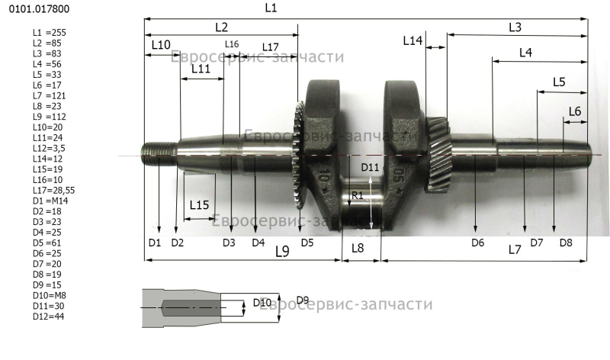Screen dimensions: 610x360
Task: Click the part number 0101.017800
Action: coord(40,9)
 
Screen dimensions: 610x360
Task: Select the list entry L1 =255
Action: coord(50,33)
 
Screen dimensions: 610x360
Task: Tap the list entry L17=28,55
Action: coord(53,191)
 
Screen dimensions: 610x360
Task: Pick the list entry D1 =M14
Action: coord(50,201)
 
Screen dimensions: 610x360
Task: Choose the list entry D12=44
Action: coord(49,317)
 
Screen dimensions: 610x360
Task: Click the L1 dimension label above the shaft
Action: coord(271,8)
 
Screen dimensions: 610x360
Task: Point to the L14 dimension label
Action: coord(413,40)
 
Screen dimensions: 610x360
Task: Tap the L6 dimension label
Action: coord(575,111)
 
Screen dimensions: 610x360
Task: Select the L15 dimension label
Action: coord(199,204)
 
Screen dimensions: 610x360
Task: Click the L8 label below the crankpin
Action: coord(358,248)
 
